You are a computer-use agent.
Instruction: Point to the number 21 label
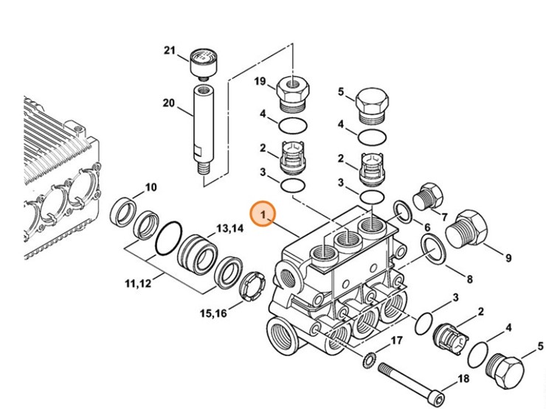tap(170, 51)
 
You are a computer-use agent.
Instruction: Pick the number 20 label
tap(168, 102)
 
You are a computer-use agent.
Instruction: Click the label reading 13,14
tap(229, 229)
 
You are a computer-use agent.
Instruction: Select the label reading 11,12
tap(137, 282)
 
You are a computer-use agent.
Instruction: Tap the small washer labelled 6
tap(403, 212)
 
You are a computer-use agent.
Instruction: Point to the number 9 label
tap(508, 258)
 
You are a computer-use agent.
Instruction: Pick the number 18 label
tap(463, 379)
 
